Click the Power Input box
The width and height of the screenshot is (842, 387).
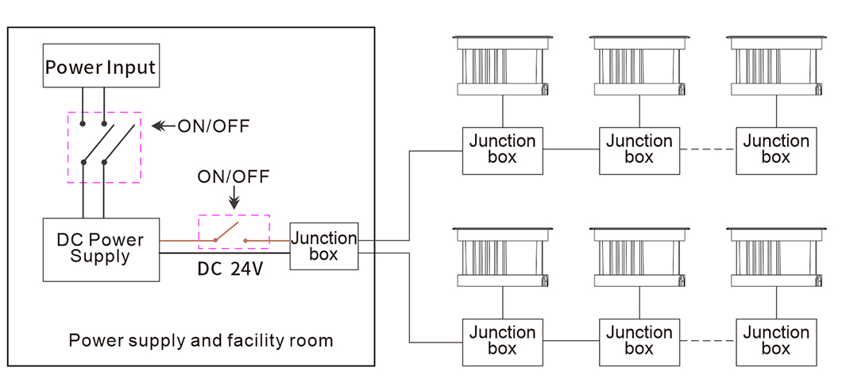pos(100,67)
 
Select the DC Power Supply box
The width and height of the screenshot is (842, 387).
pos(100,249)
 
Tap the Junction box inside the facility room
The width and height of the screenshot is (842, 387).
pos(323,246)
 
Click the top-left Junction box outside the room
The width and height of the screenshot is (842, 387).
pos(502,149)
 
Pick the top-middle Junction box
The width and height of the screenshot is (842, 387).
pos(639,149)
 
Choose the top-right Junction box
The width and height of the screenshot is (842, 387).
pos(775,149)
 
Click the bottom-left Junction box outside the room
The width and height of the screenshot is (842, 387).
pos(502,341)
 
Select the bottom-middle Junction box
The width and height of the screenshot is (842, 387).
pos(639,341)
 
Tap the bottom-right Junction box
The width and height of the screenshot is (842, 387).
pos(775,341)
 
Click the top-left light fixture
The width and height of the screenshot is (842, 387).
pos(502,64)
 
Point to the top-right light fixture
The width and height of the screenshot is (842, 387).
pos(775,64)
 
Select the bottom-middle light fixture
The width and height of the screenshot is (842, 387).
pos(639,256)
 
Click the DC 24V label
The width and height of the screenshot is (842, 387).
pos(230,269)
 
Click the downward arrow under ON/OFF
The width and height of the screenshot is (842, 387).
pos(234,199)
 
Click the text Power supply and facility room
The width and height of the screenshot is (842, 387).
pos(201,341)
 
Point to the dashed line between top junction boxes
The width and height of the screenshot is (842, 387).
pos(707,149)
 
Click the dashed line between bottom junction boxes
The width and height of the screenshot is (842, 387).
pos(707,341)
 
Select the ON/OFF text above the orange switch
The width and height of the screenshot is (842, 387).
pos(234,176)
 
